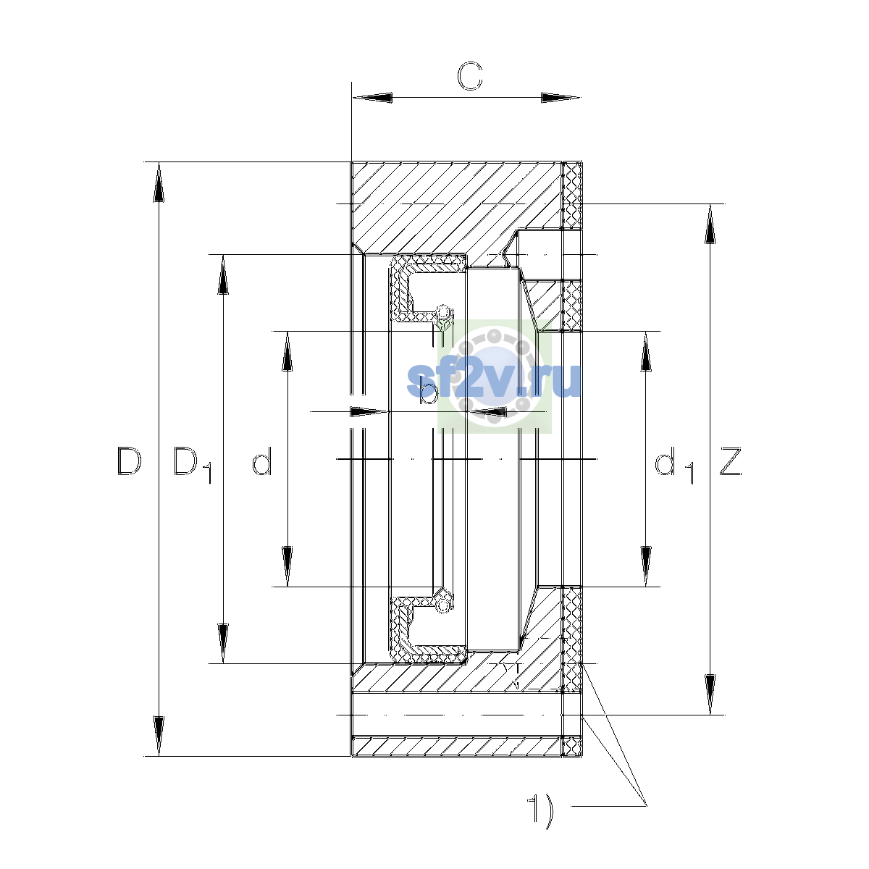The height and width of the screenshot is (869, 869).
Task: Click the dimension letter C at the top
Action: coord(469,75)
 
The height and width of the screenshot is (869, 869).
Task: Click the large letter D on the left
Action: coord(129,461)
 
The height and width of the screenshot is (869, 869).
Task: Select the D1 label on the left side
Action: coord(192,464)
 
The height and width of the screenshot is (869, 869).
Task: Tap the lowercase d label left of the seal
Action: coord(262,461)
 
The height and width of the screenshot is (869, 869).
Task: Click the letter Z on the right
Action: coord(730,461)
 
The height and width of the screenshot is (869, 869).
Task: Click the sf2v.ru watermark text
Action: coord(493,380)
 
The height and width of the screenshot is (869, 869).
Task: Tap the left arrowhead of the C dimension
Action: coord(372,98)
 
